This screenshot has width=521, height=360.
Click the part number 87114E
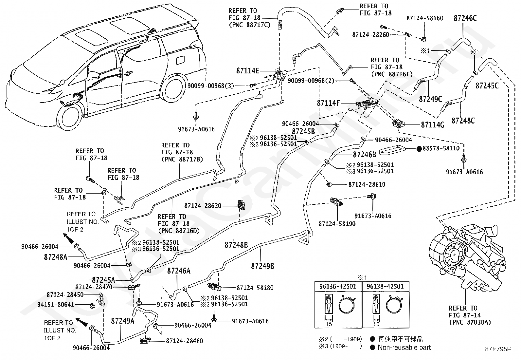tap(247, 71)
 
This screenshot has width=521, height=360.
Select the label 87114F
tap(328, 103)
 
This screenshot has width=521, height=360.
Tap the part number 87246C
tap(465, 18)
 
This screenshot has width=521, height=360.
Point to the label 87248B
tap(236, 245)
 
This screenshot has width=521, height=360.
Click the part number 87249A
tap(123, 321)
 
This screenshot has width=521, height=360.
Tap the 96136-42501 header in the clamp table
tap(338, 286)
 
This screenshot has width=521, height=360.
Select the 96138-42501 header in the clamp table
tap(386, 286)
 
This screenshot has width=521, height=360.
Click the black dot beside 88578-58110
tap(419, 149)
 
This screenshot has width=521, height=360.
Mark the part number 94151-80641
tap(56, 305)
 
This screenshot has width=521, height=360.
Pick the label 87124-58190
tap(337, 224)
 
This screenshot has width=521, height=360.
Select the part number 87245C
tap(487, 86)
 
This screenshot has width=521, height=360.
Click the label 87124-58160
tap(425, 18)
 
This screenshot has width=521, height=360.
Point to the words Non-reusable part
tap(404, 348)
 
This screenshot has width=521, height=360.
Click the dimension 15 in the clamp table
tap(329, 324)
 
